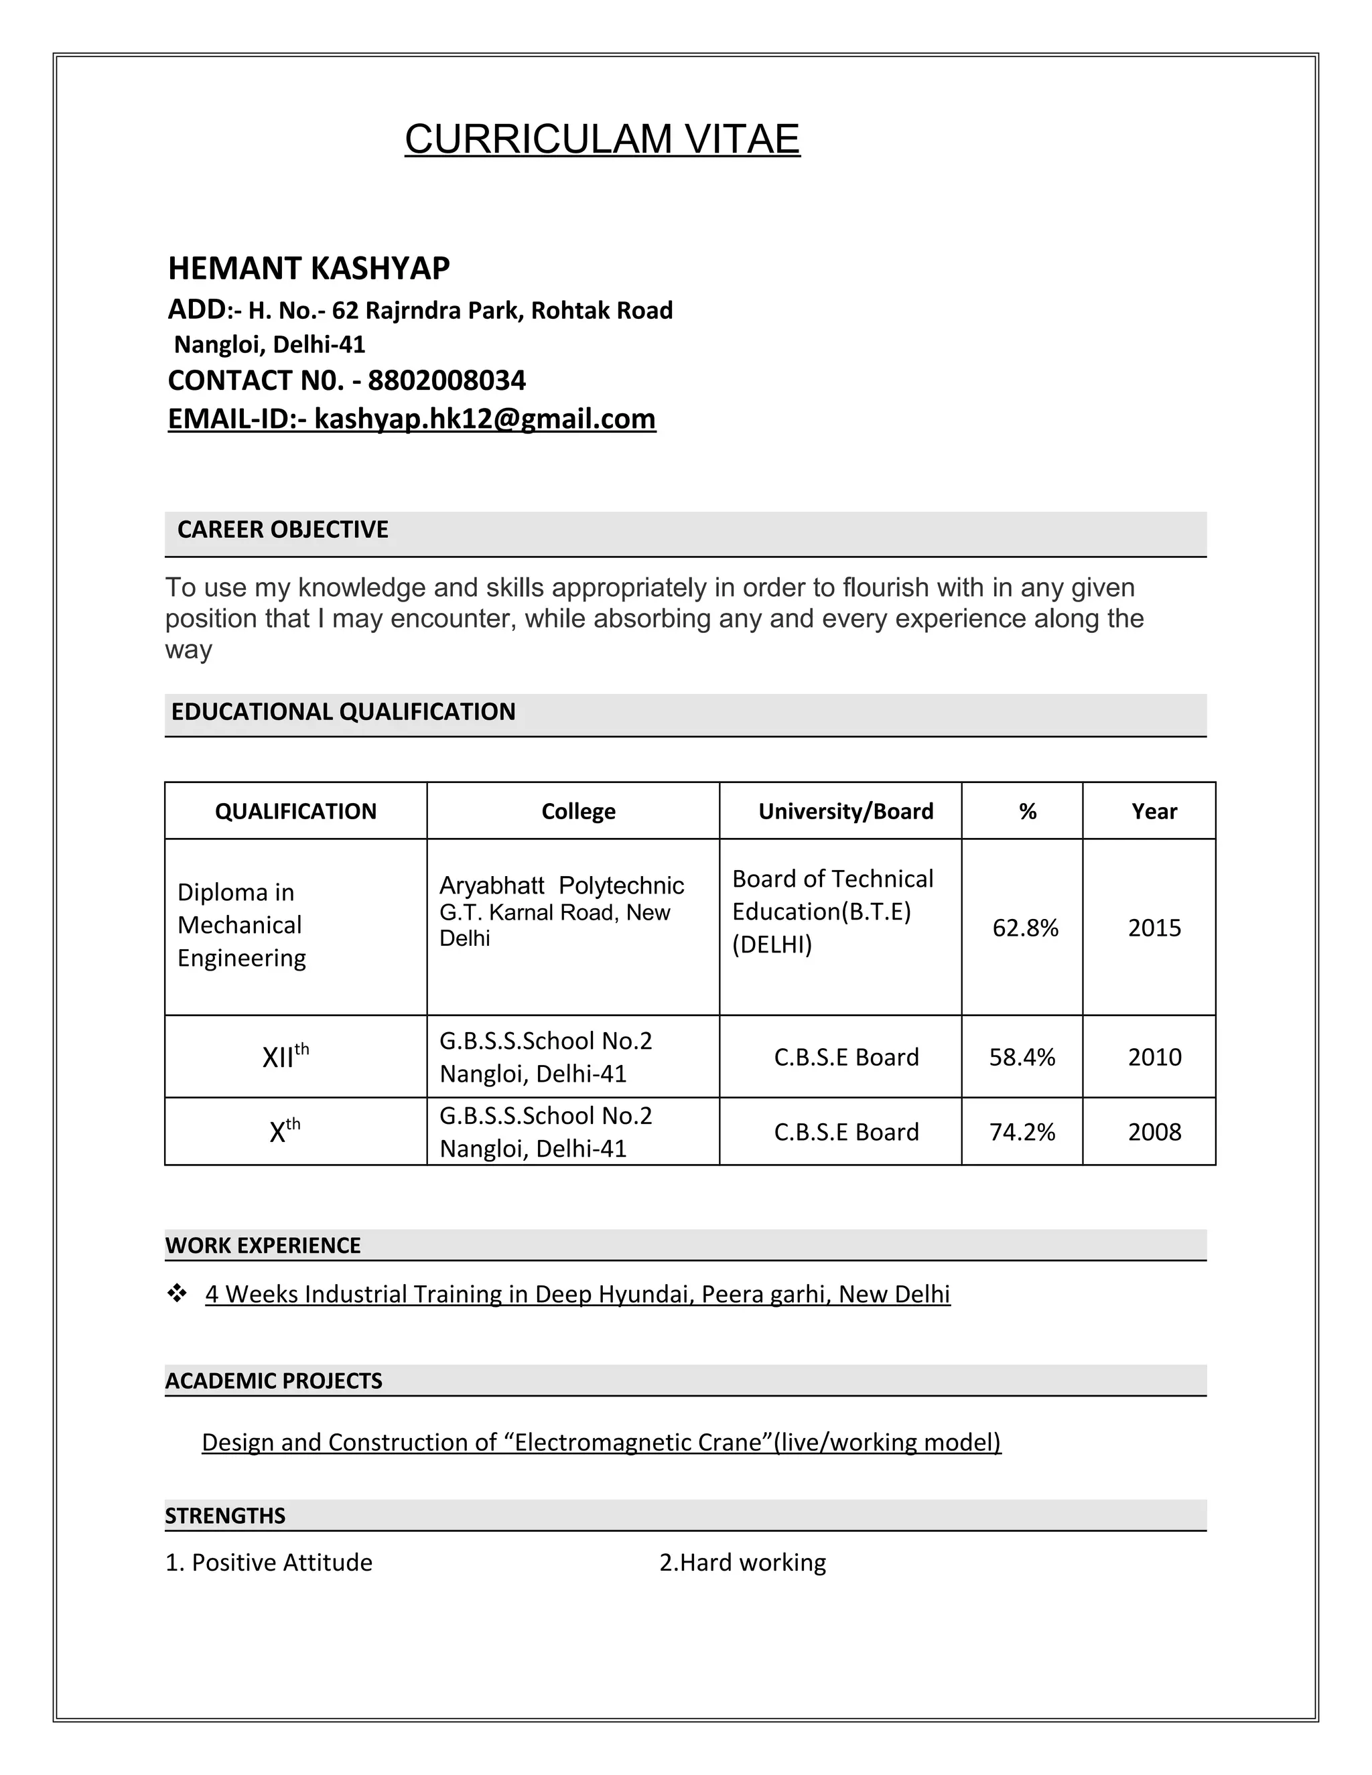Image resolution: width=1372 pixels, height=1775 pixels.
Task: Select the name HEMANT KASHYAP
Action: click(x=309, y=268)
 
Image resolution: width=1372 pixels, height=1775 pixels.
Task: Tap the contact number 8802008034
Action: click(x=446, y=380)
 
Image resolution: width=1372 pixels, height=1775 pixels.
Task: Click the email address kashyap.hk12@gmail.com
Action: click(x=484, y=419)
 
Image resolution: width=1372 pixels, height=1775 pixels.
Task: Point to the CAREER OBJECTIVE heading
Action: click(x=283, y=530)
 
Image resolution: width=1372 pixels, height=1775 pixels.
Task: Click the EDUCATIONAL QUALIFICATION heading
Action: click(x=343, y=712)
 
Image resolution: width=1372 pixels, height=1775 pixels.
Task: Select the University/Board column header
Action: click(x=845, y=811)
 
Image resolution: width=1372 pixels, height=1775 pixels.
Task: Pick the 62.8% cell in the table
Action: click(x=1025, y=928)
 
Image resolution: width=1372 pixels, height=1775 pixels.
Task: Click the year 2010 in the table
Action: click(x=1154, y=1058)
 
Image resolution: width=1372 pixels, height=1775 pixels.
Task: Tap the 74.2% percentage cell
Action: click(x=1022, y=1132)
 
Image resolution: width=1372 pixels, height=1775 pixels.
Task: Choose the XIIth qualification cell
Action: click(x=285, y=1056)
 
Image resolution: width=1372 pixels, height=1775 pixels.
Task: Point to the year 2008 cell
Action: click(x=1154, y=1132)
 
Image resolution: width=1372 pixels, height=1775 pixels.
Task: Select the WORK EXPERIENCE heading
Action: click(x=263, y=1246)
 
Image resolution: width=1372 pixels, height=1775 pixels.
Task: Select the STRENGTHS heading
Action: click(x=225, y=1516)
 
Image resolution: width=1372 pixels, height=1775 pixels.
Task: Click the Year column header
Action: click(x=1154, y=811)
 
